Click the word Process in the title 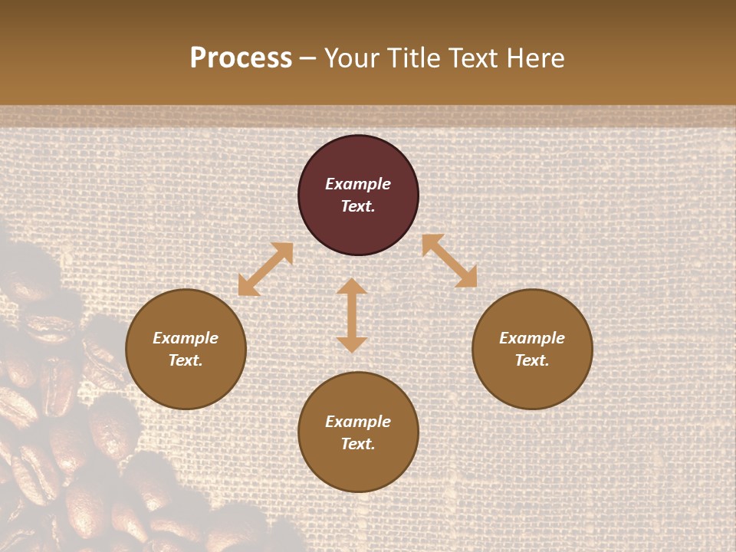241,58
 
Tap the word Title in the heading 415,58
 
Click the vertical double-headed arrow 352,315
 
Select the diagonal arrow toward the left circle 266,269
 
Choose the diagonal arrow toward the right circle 449,261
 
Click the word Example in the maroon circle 358,184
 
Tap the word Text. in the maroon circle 358,206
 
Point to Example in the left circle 186,338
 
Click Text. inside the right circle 532,360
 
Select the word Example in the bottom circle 358,422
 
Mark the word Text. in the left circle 186,360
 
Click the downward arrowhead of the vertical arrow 352,344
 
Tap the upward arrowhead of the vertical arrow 352,287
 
